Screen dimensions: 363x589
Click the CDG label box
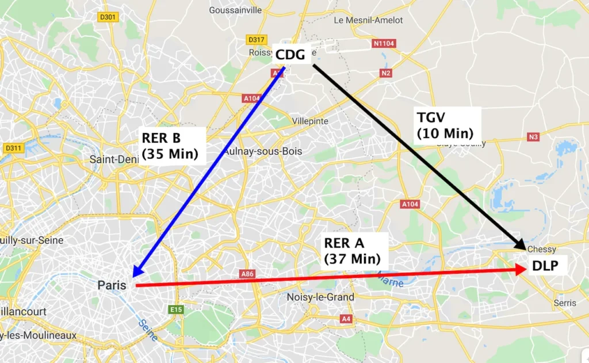click(290, 55)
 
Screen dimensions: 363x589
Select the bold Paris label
click(112, 285)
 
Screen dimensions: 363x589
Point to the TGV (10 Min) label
click(444, 125)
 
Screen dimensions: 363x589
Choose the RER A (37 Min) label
click(352, 251)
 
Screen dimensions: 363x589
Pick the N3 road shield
click(533, 137)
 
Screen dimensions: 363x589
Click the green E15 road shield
click(176, 309)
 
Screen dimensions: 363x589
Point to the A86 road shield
click(247, 274)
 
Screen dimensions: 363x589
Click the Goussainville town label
click(235, 10)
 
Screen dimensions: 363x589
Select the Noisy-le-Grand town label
click(320, 297)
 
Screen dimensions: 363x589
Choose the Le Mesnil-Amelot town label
click(369, 20)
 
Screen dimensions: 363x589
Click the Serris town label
click(565, 303)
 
